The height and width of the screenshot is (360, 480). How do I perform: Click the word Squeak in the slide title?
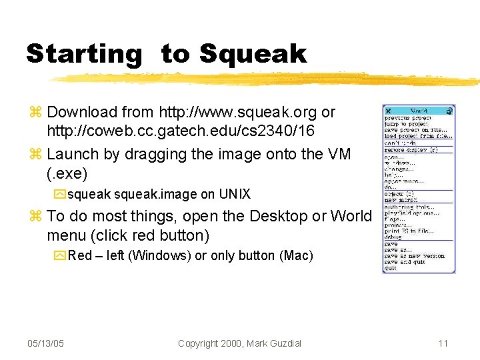pyautogui.click(x=253, y=54)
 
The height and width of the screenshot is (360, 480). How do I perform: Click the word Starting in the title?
pyautogui.click(x=84, y=54)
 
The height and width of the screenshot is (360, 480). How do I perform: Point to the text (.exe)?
pyautogui.click(x=67, y=174)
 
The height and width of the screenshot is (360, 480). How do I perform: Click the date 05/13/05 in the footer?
pyautogui.click(x=47, y=343)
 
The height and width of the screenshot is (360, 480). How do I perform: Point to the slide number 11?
pyautogui.click(x=443, y=343)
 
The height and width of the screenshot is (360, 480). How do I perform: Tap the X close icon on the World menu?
pyautogui.click(x=388, y=111)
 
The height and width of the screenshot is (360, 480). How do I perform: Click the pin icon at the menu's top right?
pyautogui.click(x=451, y=110)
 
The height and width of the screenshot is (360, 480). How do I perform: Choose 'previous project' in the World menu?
pyautogui.click(x=407, y=119)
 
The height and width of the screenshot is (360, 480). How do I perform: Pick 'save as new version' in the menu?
pyautogui.click(x=413, y=256)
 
